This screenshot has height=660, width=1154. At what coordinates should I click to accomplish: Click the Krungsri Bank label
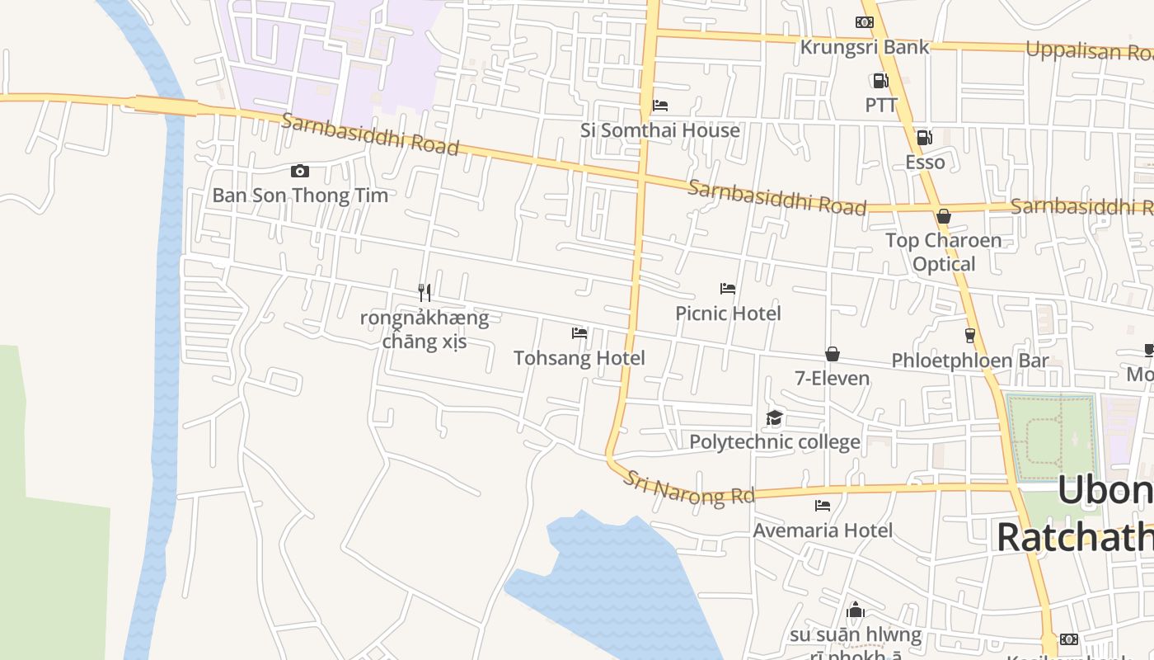(864, 47)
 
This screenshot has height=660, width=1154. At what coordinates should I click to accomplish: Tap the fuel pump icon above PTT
(880, 81)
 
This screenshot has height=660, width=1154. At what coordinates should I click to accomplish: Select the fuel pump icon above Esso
(925, 138)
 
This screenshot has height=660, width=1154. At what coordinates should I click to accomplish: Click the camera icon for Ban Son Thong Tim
(300, 172)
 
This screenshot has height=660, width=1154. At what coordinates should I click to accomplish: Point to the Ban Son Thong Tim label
(300, 196)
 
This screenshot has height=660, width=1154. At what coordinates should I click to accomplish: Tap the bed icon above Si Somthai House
(660, 106)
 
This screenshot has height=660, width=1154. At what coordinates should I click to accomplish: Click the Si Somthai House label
(660, 130)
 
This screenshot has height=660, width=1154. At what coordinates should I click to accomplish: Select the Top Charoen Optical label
(944, 252)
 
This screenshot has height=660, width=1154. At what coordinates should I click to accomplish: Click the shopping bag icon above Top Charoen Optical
(944, 216)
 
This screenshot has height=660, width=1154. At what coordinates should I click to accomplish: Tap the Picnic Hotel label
(728, 313)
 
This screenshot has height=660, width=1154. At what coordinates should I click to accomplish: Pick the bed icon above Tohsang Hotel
(579, 333)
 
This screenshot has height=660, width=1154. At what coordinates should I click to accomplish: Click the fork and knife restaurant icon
(425, 292)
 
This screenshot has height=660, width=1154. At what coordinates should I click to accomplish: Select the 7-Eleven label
(832, 379)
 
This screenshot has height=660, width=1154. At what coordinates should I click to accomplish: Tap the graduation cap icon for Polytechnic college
(774, 418)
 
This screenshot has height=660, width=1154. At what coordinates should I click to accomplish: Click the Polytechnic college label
(774, 442)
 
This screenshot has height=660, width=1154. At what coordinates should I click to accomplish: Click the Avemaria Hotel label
(823, 530)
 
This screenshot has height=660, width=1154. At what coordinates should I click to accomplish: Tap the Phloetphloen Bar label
(970, 361)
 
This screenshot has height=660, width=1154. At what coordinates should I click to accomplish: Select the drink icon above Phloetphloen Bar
(970, 336)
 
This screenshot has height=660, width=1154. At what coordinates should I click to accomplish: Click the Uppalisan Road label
(1088, 51)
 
